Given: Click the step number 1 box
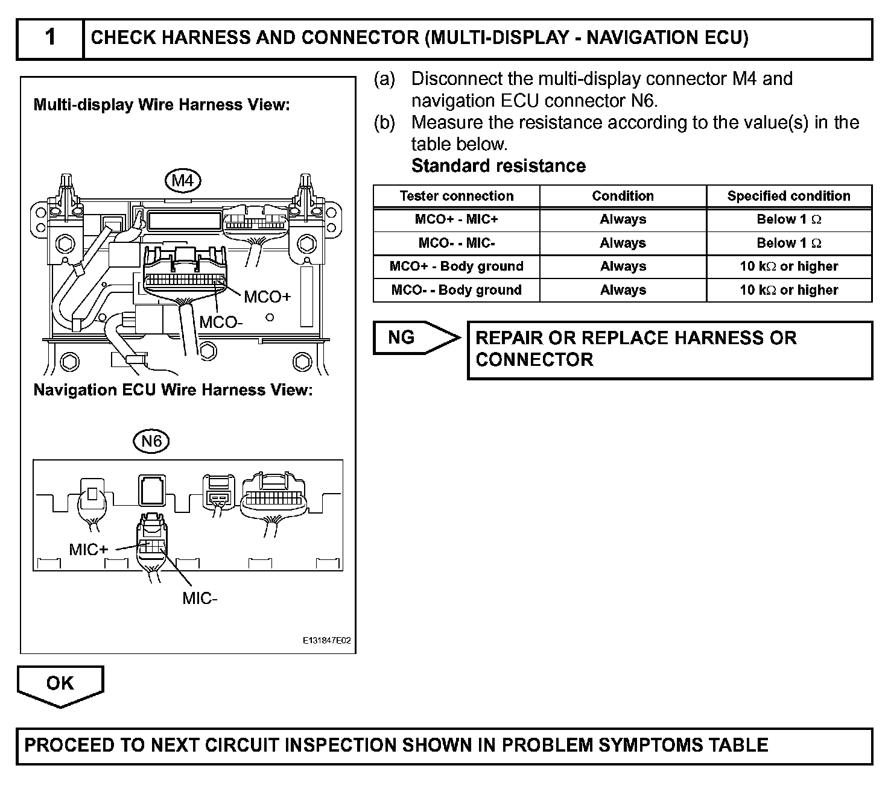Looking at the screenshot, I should click(x=50, y=38).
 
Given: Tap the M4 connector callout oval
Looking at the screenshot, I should click(x=182, y=180).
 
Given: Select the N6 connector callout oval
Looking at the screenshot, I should click(x=151, y=441).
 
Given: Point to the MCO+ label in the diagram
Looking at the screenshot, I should click(x=267, y=297).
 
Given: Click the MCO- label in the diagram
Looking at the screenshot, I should click(x=221, y=322).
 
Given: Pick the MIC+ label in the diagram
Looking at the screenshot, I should click(x=88, y=549).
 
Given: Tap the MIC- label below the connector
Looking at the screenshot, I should click(x=200, y=598).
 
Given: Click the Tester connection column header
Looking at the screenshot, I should click(x=457, y=196).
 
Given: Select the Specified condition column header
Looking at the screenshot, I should click(x=788, y=196).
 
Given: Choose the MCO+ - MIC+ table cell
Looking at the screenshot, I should click(x=457, y=219).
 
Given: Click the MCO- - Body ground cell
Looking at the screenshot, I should click(x=457, y=290).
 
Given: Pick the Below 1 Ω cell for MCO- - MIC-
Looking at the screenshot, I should click(x=788, y=243).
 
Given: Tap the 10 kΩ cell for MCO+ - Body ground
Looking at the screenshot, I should click(x=788, y=266).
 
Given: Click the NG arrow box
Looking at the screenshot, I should click(x=410, y=337).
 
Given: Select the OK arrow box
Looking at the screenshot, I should click(x=60, y=684).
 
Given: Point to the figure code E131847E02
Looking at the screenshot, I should click(x=326, y=641).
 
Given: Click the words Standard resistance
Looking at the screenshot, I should click(x=498, y=166).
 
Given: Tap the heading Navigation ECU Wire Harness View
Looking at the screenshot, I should click(x=173, y=390).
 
